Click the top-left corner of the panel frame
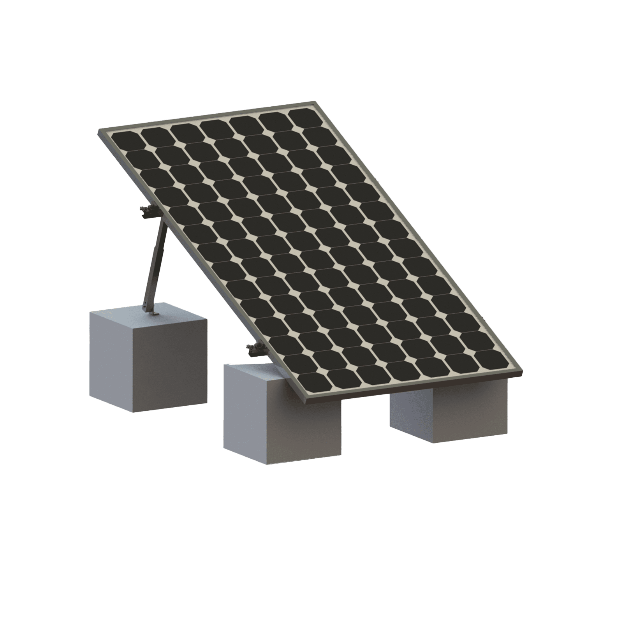pyautogui.click(x=98, y=130)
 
